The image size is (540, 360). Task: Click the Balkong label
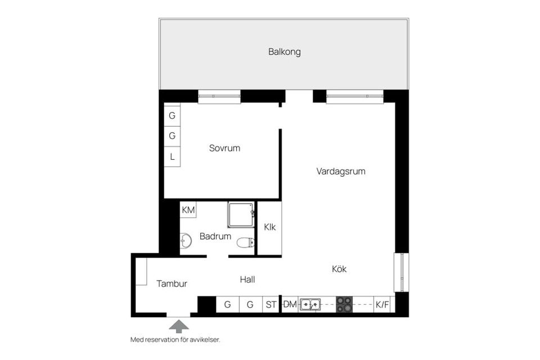(284, 52)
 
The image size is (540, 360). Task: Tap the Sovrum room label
(224, 148)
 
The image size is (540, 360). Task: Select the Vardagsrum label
(340, 171)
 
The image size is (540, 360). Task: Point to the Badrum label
(215, 236)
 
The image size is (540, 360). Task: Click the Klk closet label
(269, 227)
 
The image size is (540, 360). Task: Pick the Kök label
(339, 269)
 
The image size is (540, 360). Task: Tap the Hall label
(251, 279)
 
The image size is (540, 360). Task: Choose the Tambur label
(172, 284)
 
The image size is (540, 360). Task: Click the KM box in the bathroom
(188, 210)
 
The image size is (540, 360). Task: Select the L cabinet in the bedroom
(172, 156)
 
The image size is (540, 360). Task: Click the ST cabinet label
(271, 305)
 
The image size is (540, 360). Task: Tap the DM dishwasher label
(290, 305)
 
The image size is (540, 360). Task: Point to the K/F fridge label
(382, 305)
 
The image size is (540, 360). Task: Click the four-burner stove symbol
(344, 305)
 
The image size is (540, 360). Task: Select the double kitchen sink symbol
(310, 305)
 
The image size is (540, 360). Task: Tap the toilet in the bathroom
(245, 243)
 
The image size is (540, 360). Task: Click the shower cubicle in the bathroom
(240, 214)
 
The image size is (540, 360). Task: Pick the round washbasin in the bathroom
(185, 242)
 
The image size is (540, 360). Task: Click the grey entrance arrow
(178, 325)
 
